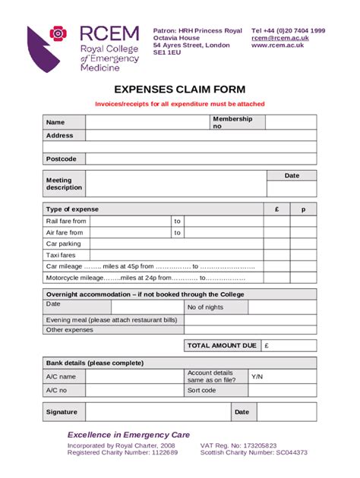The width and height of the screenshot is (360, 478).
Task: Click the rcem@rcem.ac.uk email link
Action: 279,38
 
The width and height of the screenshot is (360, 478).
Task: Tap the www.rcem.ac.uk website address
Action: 277,46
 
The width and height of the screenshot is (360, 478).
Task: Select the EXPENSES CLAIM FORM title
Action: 180,89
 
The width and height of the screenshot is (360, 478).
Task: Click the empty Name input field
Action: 147,122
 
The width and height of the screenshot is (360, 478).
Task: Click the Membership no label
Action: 227,122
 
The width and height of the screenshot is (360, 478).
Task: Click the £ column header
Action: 276,209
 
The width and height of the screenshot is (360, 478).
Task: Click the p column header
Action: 303,209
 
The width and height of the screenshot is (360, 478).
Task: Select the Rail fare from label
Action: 66,221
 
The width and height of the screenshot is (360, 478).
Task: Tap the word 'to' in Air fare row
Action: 177,233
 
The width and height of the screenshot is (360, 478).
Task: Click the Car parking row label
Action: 63,244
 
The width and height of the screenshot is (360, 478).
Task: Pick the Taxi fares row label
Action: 61,256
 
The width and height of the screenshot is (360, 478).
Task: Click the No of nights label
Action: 205,307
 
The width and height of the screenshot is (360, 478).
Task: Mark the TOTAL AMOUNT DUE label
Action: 222,345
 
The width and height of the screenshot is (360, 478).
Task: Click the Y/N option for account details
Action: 257,376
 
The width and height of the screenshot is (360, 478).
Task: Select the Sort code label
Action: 201,390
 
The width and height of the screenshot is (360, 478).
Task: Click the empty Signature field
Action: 157,412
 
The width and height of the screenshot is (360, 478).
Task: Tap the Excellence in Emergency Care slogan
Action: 128,434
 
